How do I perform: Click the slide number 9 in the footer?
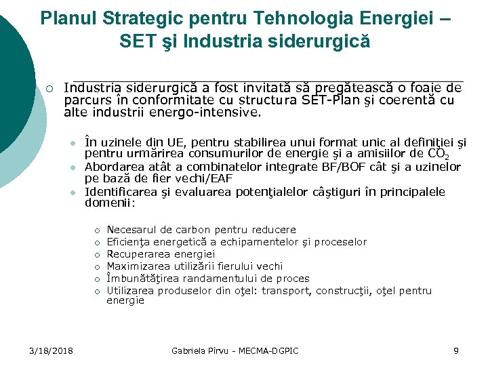click(x=456, y=350)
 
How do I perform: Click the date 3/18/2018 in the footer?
click(x=52, y=350)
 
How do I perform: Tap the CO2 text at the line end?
click(x=449, y=155)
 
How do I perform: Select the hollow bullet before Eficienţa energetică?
click(x=97, y=242)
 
